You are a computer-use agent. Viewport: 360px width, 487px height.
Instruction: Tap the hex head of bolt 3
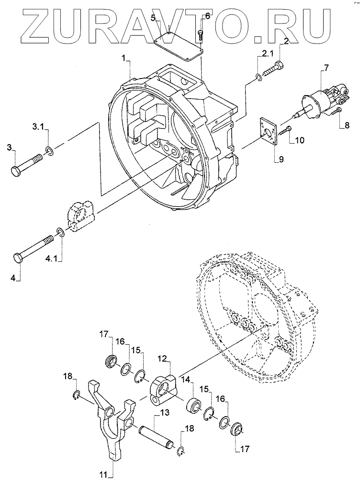tap(15, 171)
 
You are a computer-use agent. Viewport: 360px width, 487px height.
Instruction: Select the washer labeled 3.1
tap(49, 151)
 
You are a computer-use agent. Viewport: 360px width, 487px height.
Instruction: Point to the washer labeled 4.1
tap(60, 233)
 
